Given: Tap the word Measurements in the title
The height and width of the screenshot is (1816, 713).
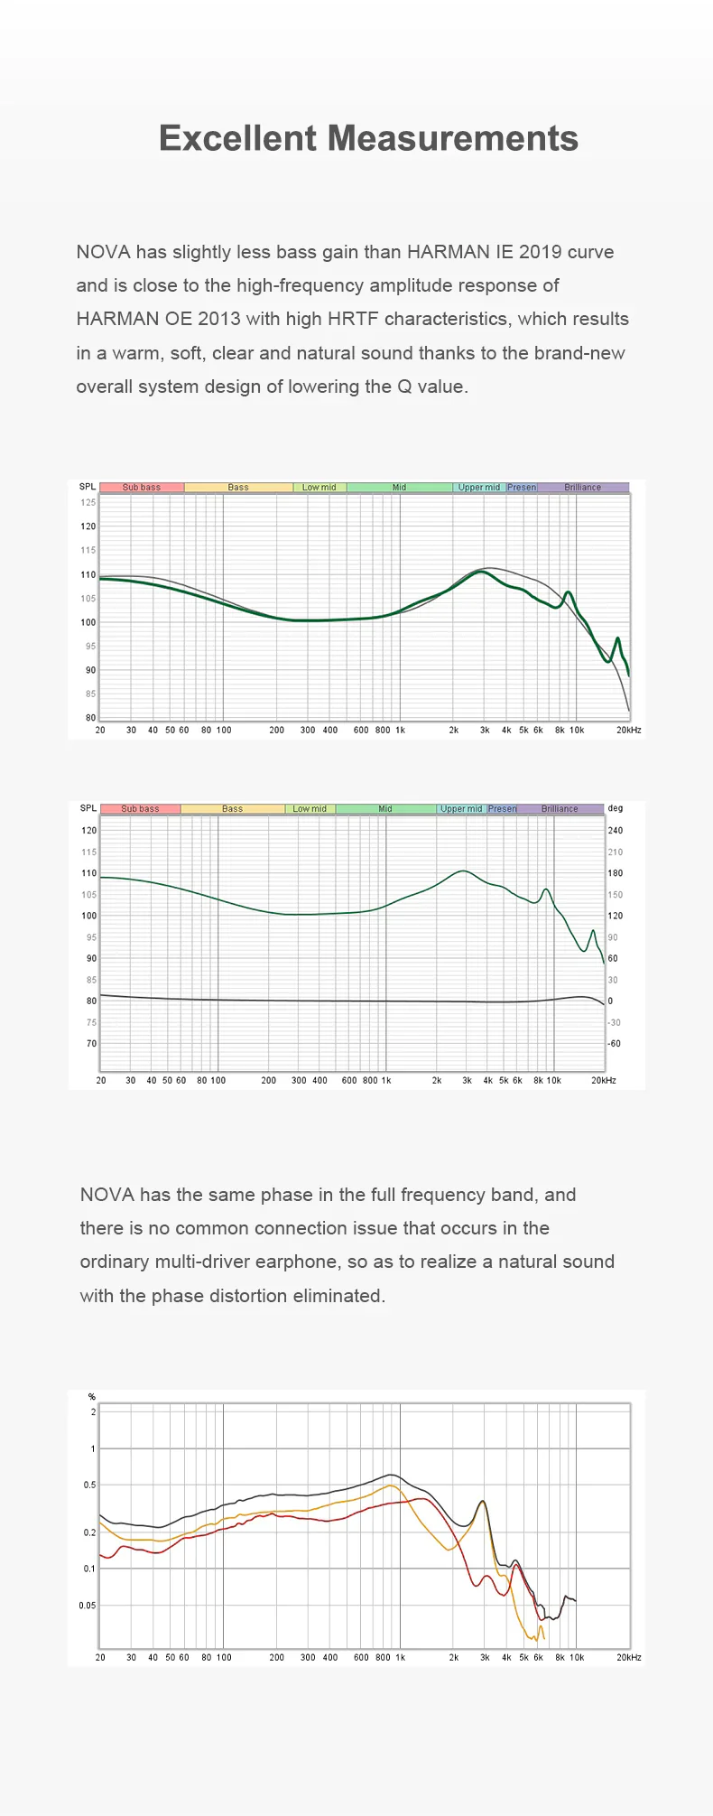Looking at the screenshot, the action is click(x=453, y=138).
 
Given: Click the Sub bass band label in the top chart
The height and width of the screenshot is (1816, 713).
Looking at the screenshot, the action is click(x=142, y=488).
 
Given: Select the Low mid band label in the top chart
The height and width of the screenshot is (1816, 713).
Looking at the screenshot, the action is click(x=319, y=488).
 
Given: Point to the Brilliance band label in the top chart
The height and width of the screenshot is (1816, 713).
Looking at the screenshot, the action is click(x=583, y=488).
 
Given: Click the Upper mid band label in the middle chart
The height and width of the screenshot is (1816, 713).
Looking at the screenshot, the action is click(x=461, y=809).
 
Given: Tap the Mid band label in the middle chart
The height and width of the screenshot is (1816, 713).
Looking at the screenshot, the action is click(x=385, y=809).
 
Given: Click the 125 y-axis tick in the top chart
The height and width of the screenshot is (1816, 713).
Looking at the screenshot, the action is click(x=88, y=502).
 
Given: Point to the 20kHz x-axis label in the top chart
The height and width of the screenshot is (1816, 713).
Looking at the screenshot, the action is click(x=629, y=730).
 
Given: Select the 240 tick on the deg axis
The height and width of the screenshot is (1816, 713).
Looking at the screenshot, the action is click(x=616, y=830).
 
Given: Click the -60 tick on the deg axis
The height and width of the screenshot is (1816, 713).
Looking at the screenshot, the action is click(x=614, y=1043).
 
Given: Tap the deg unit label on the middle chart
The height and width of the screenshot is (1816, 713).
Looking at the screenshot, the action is click(x=616, y=808).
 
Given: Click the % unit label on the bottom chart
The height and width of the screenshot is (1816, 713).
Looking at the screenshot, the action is click(x=91, y=1397).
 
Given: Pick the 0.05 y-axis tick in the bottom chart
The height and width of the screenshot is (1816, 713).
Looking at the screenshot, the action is click(x=87, y=1605).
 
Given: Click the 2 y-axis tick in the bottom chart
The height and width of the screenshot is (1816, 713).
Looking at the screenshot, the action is click(x=93, y=1411).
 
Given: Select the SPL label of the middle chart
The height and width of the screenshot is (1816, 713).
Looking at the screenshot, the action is click(x=88, y=808).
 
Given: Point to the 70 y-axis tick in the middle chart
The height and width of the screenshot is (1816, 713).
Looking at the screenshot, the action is click(x=91, y=1043).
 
